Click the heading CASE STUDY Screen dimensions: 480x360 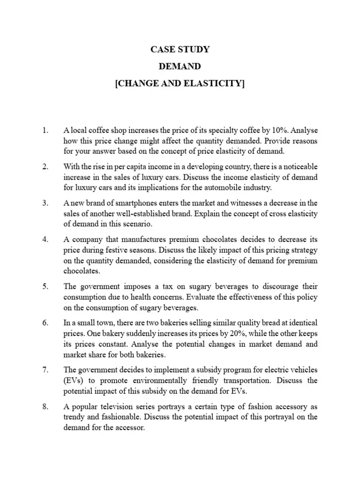[180, 49]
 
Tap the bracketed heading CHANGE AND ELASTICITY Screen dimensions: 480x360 [180, 84]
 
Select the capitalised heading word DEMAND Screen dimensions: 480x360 [180, 67]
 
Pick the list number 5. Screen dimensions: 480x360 [45, 286]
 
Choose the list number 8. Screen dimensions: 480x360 [45, 406]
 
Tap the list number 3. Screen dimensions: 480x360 [45, 203]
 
